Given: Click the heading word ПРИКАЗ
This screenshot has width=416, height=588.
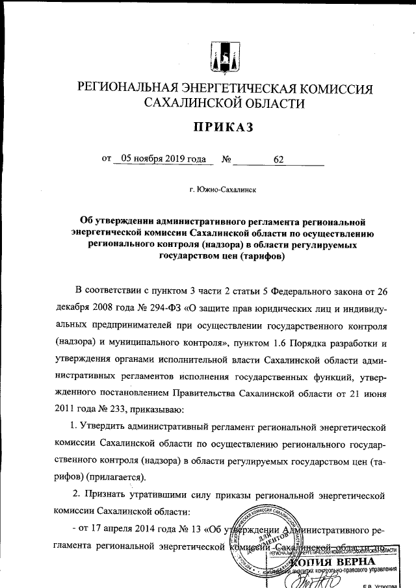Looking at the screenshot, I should click(x=220, y=129).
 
